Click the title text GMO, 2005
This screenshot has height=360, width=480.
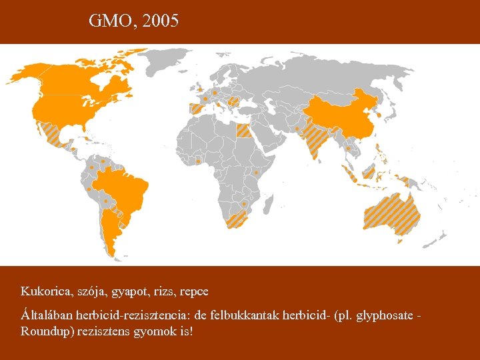pos(133,21)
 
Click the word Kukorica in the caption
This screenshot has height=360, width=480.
pos(43,291)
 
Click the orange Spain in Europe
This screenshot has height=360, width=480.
pos(197,109)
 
